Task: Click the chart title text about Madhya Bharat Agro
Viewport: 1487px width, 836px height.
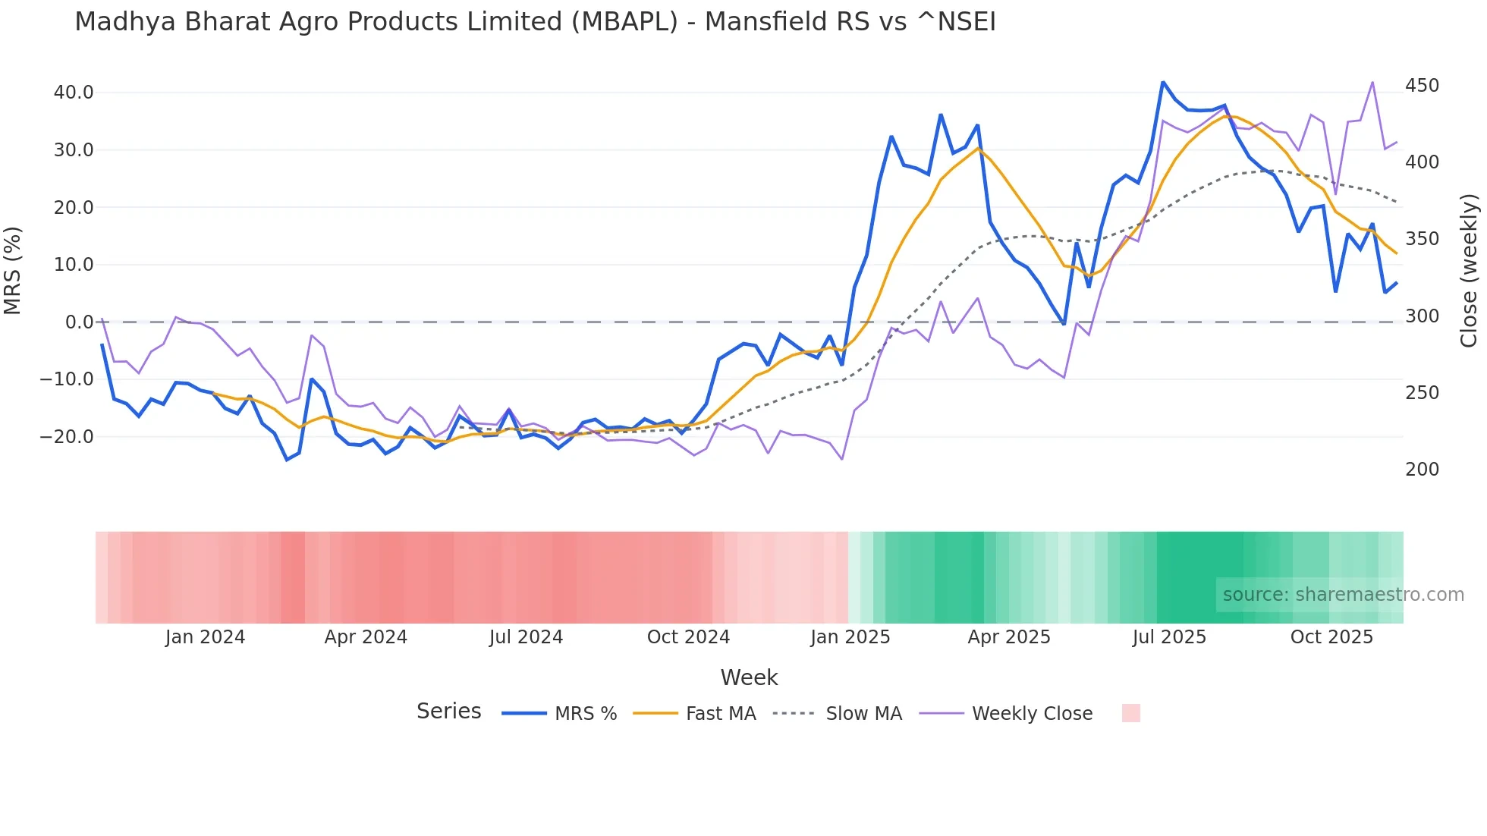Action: pos(535,22)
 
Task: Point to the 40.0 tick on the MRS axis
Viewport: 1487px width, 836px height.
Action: pos(74,93)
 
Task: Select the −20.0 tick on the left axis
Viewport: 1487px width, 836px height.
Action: pos(67,436)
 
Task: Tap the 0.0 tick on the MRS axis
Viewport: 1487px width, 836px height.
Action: pos(79,322)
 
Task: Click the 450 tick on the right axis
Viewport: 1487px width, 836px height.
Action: pos(1422,86)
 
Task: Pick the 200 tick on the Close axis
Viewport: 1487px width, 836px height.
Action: pos(1422,470)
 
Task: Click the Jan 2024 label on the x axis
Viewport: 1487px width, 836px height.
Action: pos(205,637)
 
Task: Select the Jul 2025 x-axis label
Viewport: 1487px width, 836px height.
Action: pos(1169,637)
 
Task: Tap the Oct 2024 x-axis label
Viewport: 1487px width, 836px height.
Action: pos(688,637)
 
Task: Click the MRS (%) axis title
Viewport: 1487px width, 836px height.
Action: pos(13,270)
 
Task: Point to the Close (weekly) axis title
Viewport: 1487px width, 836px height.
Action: pos(1470,270)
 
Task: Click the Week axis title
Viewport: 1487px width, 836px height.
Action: pos(749,677)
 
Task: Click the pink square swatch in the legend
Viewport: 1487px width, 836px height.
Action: pos(1130,713)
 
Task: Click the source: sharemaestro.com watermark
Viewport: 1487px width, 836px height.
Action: pos(1343,595)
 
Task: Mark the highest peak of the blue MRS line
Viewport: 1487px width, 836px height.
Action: pos(1163,82)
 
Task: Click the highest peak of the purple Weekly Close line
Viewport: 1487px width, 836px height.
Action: pos(1372,82)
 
